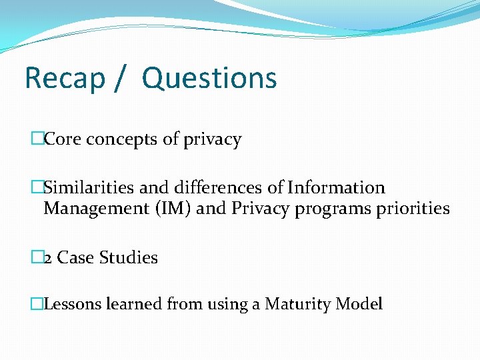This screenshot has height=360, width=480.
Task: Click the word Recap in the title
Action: pos(65,78)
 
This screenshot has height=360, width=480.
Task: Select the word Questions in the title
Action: pos(209,78)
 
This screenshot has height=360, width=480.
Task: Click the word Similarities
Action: pos(84,188)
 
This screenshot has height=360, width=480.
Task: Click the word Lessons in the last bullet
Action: pos(69,305)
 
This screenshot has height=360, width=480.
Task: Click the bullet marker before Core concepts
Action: pos(37,140)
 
